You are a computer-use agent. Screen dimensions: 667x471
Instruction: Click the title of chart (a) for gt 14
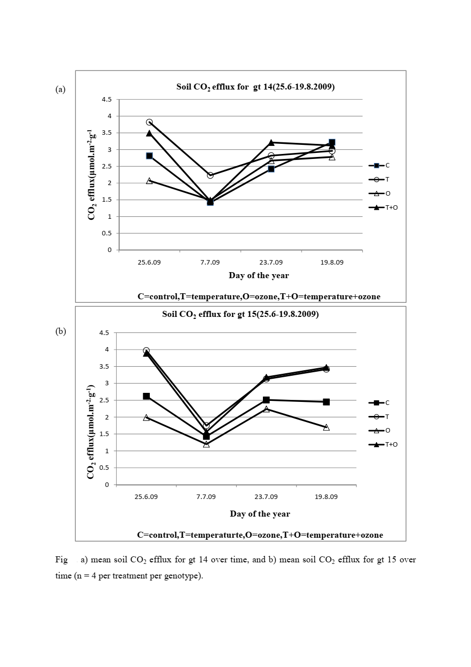[255, 87]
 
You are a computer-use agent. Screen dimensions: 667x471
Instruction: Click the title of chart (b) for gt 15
[240, 314]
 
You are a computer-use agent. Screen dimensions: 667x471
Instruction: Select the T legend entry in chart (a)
[381, 180]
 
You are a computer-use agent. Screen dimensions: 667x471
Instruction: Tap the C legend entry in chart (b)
[381, 403]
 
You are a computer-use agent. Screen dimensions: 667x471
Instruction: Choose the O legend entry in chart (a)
[381, 194]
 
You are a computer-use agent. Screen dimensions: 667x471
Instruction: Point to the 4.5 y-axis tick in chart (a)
[107, 100]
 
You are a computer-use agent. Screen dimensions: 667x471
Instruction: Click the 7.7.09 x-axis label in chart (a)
[210, 263]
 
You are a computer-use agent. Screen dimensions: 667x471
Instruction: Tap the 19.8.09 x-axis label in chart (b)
[326, 496]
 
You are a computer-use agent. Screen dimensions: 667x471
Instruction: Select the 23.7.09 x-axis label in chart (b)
[266, 496]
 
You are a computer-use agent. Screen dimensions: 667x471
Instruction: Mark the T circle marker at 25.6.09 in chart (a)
[149, 122]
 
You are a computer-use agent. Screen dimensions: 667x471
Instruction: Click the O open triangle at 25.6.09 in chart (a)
[149, 181]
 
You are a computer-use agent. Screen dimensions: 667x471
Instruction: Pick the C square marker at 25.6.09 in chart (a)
[149, 156]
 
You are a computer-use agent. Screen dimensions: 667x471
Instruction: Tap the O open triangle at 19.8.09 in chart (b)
[326, 428]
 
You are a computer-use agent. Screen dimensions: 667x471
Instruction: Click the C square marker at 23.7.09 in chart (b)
[266, 400]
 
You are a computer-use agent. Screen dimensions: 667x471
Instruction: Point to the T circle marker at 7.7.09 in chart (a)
[210, 175]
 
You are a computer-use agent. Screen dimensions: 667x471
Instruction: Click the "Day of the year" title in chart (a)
[258, 275]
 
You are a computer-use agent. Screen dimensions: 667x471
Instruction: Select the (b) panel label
[60, 331]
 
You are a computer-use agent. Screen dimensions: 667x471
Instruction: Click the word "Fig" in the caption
[61, 559]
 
